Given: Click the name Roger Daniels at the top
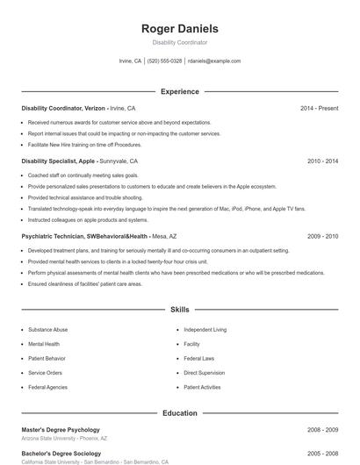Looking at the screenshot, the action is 179,29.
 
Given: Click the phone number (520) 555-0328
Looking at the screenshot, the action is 164,61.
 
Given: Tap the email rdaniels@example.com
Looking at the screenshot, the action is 214,61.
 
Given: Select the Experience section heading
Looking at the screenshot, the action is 179,91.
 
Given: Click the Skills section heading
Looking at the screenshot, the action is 179,310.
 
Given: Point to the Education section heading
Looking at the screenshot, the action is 179,412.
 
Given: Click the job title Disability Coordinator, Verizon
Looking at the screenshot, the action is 63,108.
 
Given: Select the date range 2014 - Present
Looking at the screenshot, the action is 319,108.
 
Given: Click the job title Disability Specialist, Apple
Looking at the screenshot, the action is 58,161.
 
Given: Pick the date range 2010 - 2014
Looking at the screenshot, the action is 322,161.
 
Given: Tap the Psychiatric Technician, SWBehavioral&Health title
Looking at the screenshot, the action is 85,236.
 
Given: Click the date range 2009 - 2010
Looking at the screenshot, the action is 322,236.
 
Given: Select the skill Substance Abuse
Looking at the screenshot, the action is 47,330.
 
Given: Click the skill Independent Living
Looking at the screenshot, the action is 205,330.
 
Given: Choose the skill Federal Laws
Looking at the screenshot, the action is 198,359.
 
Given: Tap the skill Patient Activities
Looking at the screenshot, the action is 202,387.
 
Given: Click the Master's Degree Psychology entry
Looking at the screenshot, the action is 61,430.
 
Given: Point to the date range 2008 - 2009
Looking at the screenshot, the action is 322,430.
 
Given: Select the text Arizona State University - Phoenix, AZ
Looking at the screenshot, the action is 64,438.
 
